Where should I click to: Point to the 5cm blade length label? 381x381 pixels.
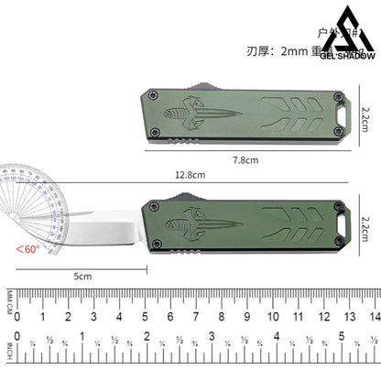click(x=83, y=275)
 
